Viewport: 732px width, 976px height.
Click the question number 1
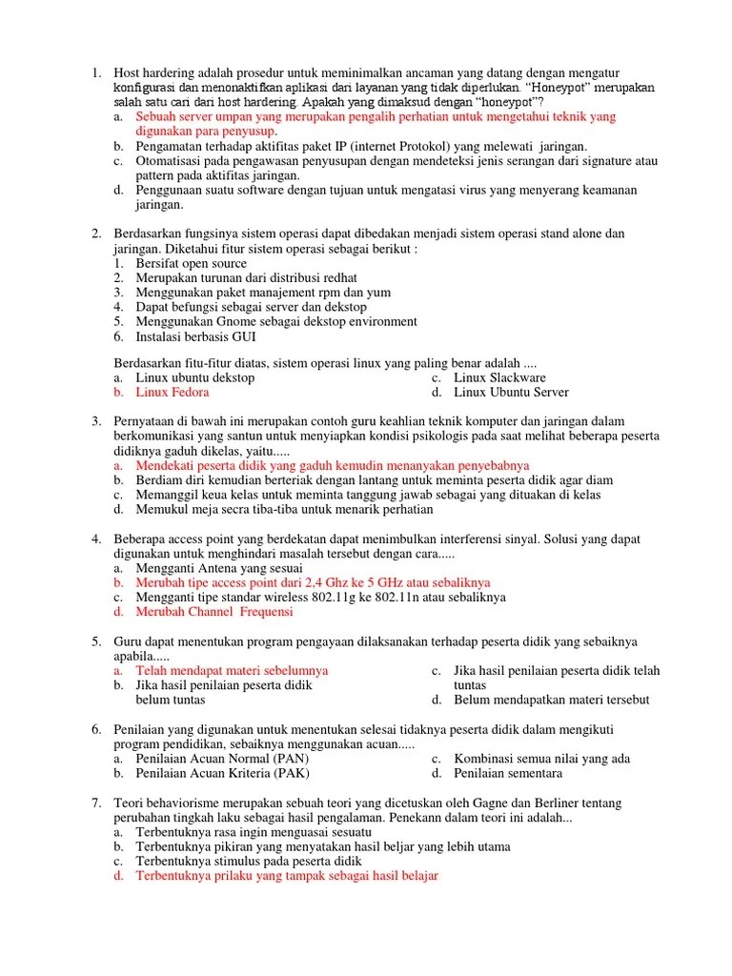pos(96,72)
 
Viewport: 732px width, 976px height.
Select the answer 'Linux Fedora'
pos(172,392)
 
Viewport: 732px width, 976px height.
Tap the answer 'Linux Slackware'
pos(499,377)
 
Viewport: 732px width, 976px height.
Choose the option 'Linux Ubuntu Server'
pos(511,392)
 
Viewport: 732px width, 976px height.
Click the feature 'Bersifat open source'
pos(191,263)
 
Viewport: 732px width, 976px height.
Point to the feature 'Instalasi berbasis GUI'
pos(195,336)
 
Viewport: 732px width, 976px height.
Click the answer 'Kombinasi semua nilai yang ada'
pos(541,759)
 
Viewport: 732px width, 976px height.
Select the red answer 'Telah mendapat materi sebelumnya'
pos(232,671)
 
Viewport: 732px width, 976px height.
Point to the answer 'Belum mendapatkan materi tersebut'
pos(551,700)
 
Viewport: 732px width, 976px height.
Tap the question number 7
pos(96,803)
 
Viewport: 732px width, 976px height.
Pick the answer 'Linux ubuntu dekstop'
pos(194,377)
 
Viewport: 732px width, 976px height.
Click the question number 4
pos(96,539)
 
